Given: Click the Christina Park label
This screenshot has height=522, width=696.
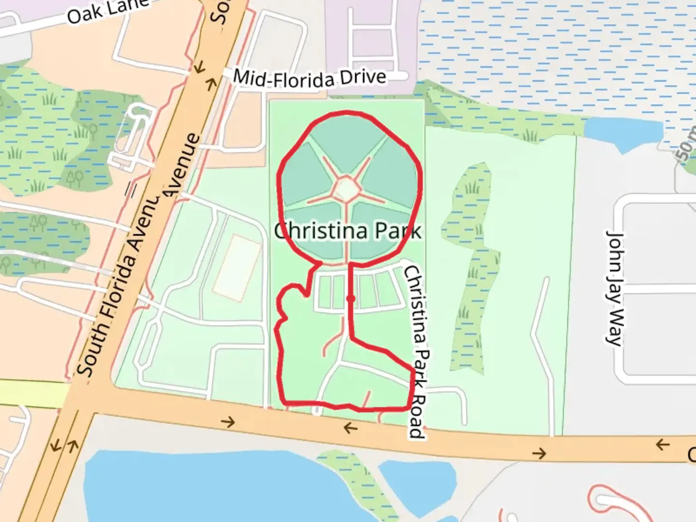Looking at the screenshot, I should coord(348,231).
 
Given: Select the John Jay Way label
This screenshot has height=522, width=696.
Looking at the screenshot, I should coord(614,288).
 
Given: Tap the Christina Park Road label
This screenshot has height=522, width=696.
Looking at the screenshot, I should coord(416,351).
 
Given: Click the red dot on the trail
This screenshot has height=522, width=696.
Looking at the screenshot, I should coord(351,299).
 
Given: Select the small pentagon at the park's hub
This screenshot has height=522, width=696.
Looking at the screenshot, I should coord(347,189).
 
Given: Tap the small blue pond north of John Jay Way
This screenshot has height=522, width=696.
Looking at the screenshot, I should coord(623,131).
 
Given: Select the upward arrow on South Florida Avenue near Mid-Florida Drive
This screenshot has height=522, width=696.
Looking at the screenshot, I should coord(211,85).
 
